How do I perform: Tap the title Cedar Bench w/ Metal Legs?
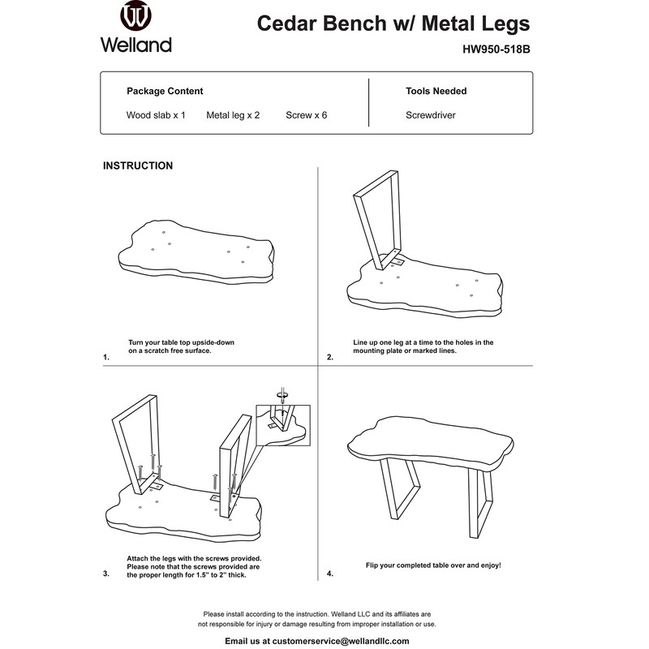pyautogui.click(x=393, y=23)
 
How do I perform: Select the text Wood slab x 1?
pyautogui.click(x=156, y=115)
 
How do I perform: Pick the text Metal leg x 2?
pyautogui.click(x=233, y=115)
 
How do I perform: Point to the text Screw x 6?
pyautogui.click(x=306, y=115)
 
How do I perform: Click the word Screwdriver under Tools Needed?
pyautogui.click(x=430, y=115)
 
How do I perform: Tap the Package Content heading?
pyautogui.click(x=165, y=91)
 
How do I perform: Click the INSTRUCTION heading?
pyautogui.click(x=137, y=165)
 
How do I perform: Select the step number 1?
pyautogui.click(x=106, y=357)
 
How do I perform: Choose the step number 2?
pyautogui.click(x=330, y=357)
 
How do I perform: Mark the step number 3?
pyautogui.click(x=106, y=574)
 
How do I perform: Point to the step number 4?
pyautogui.click(x=330, y=574)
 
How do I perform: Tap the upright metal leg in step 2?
pyautogui.click(x=379, y=219)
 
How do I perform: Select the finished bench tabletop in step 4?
pyautogui.click(x=430, y=445)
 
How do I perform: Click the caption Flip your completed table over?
pyautogui.click(x=433, y=564)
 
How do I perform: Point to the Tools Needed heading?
pyautogui.click(x=436, y=91)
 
